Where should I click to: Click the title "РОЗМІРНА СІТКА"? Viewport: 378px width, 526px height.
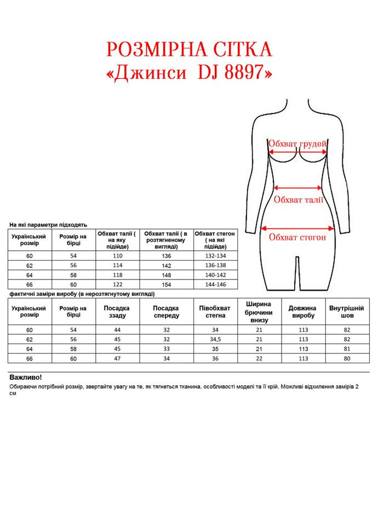coord(188,50)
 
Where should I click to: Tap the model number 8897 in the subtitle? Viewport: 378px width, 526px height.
coord(246,73)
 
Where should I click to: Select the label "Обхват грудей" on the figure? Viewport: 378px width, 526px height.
coord(297,144)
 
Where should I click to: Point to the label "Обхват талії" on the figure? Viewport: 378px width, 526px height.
coord(298,199)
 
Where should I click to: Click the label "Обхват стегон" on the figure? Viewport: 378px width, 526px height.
coord(297,238)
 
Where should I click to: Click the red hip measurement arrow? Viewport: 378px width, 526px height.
coord(297,228)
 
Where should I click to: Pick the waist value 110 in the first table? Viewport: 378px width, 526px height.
coord(118,256)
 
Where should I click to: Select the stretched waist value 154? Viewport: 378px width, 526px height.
coord(166,285)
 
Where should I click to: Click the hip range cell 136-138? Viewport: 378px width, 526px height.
coord(215,266)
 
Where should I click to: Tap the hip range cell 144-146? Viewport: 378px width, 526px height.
coord(215,285)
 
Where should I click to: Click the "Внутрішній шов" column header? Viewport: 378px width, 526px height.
coord(347,312)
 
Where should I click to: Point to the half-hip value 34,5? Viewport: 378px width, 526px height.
coord(215,339)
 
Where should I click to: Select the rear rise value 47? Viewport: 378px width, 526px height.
coord(117,358)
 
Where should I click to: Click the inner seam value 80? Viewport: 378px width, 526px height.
coord(347,358)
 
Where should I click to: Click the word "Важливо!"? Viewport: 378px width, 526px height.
coord(26,378)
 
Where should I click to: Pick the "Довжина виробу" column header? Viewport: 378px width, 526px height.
coord(302,312)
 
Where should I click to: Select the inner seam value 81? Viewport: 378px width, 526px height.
coord(347,348)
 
